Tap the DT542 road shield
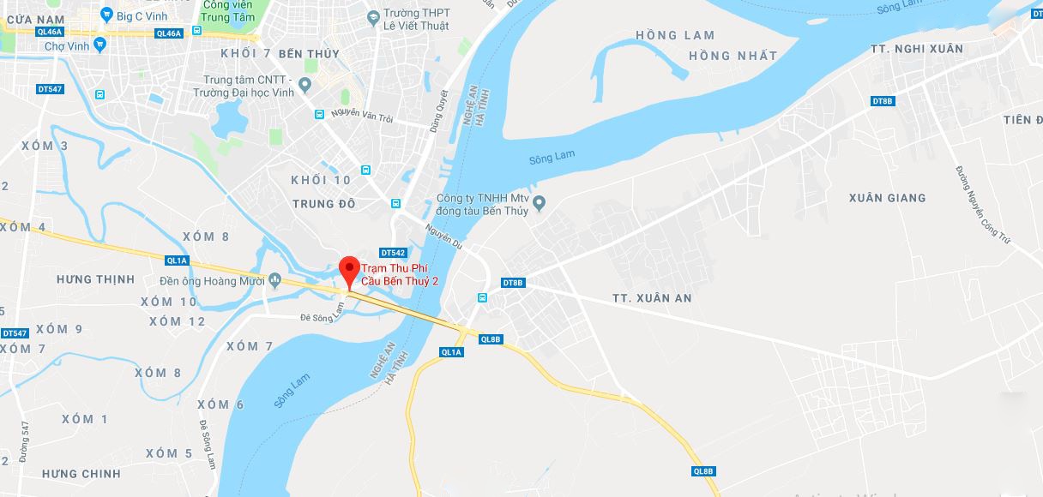pos(392,253)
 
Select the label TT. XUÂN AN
pos(652,298)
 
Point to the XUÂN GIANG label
pos(887,198)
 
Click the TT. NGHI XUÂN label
pos(916,49)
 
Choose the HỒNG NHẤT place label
pos(733,56)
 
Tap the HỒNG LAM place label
pos(675,35)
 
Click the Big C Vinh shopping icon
pos(106,14)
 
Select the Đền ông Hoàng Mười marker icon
pos(274,279)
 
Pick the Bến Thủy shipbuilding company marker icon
pos(539,203)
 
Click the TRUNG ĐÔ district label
pos(324,204)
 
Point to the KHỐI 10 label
pos(321,180)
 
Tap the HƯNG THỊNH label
pos(95,279)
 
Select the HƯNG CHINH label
pos(81,474)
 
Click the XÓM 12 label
pos(178,321)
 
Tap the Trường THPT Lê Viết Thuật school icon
pos(372,16)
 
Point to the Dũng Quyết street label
pos(439,111)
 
